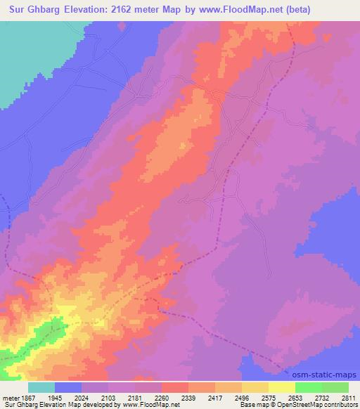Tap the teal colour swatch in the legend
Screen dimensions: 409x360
(x=41, y=387)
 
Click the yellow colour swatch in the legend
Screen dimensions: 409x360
(x=281, y=387)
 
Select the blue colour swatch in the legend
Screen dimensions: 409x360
(x=68, y=387)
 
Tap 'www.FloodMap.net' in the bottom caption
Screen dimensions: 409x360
(x=151, y=405)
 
